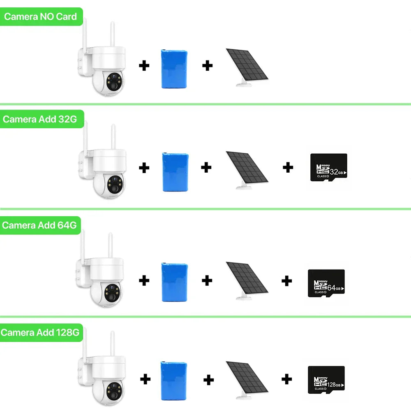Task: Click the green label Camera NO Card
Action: coord(41,17)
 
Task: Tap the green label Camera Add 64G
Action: coord(39,225)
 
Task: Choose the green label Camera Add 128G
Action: coord(40,332)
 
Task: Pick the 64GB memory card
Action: coord(326,283)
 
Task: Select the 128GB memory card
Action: coord(326,380)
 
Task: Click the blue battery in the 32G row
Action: coord(175,171)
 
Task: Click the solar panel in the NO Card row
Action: coord(247,66)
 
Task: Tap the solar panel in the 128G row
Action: coord(247,378)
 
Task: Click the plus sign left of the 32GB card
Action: coord(288,167)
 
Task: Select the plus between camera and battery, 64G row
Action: coord(144,281)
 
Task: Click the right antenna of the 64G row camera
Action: coord(111,247)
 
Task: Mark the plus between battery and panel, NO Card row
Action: coord(208,65)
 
